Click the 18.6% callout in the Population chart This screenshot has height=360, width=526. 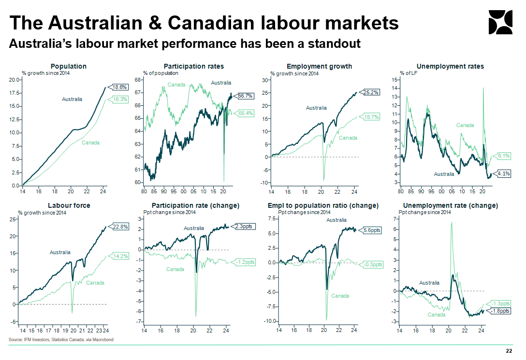tap(119, 87)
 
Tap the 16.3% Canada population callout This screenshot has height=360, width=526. tap(119, 99)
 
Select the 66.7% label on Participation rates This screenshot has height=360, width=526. tap(246, 96)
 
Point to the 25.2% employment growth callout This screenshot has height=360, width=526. tap(371, 92)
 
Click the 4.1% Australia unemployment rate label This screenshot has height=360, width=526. tap(503, 173)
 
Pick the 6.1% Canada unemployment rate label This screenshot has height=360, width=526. tap(503, 156)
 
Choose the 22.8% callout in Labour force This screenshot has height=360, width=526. tap(120, 226)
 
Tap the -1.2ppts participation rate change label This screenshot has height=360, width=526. tap(246, 262)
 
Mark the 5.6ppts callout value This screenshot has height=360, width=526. tap(372, 230)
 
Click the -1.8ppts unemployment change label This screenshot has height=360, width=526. tap(500, 311)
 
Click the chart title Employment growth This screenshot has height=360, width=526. tap(319, 66)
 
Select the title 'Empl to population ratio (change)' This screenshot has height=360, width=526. tap(323, 205)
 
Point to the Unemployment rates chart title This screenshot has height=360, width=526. tap(450, 66)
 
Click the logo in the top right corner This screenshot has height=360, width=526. tap(500, 22)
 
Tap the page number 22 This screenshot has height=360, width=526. tap(509, 351)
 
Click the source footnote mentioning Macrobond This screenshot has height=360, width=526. tap(61, 340)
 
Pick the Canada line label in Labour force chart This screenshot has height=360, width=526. tap(95, 283)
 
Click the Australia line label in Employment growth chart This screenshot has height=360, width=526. tap(316, 108)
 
